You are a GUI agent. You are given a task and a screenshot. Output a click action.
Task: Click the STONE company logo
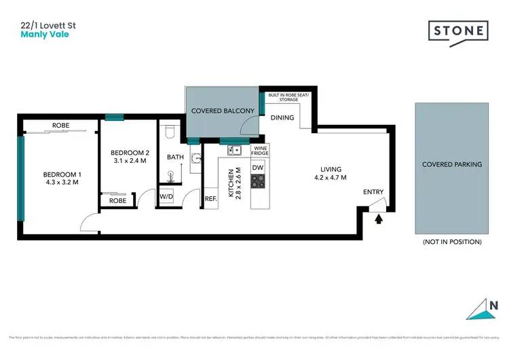point(458,32)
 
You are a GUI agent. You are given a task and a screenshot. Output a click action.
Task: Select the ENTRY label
point(373,192)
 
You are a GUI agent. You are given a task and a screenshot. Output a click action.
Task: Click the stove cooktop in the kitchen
point(259,181)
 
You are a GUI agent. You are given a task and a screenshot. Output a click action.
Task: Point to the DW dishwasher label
point(259,167)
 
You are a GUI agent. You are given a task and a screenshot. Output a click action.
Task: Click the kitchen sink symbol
point(233,150)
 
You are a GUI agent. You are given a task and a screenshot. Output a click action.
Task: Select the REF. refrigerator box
point(210,199)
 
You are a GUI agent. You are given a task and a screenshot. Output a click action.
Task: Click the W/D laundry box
point(166,198)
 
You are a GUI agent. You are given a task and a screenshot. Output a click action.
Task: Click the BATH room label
point(175,157)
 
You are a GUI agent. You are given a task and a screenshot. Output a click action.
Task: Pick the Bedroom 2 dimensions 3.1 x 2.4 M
point(128,162)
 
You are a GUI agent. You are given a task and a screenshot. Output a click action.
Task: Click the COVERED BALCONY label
point(223,111)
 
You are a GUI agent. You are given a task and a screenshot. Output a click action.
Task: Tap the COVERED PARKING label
point(452,164)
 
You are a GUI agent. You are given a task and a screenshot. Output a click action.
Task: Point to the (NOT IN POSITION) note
point(452,242)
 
